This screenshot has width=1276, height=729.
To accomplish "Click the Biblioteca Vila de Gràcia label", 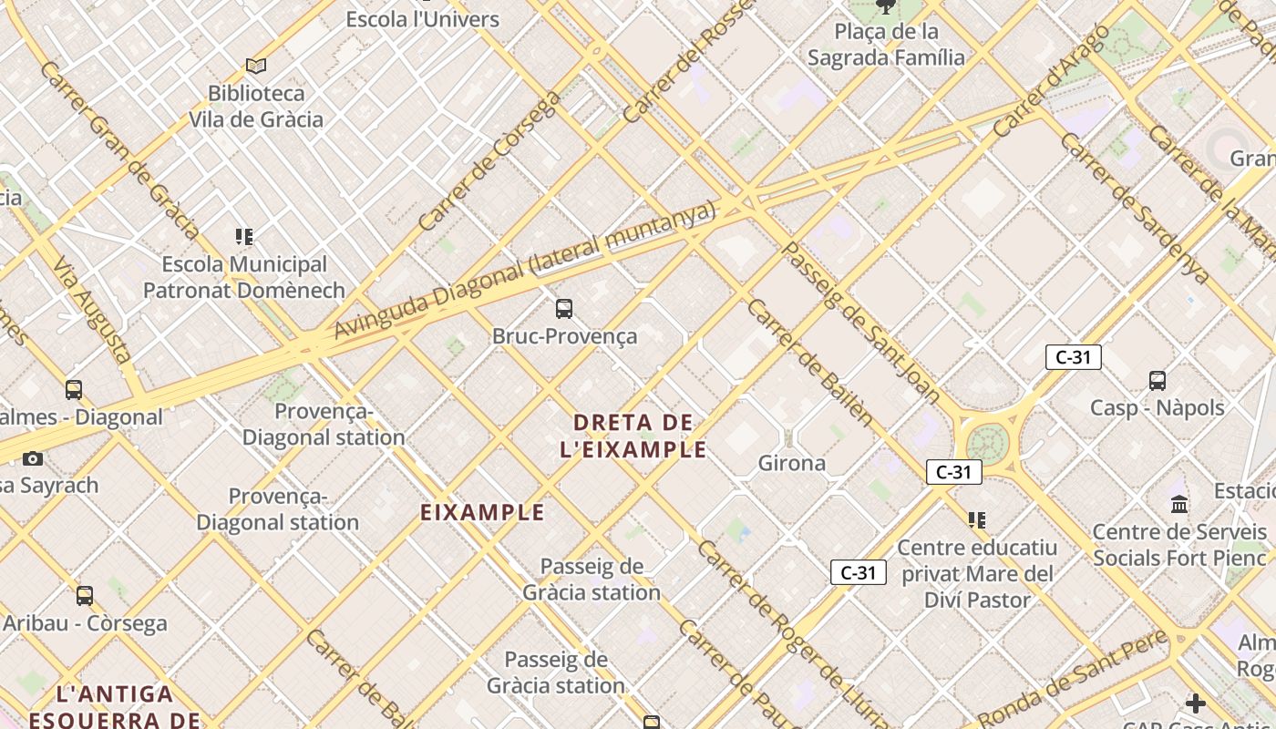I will (x=255, y=106).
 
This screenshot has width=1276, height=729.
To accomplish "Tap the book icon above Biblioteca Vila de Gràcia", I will (x=256, y=66).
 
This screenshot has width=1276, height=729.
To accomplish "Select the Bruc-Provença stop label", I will (x=564, y=336).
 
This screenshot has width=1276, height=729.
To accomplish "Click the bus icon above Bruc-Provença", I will (x=564, y=308).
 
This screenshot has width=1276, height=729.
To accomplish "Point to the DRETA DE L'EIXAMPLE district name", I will (x=633, y=436).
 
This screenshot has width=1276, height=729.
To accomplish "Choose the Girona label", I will (x=792, y=463).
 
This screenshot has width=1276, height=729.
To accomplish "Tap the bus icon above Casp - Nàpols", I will (x=1158, y=380).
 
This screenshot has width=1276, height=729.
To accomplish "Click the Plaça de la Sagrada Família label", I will (x=886, y=45).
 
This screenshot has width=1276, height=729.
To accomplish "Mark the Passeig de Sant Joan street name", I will (x=860, y=323).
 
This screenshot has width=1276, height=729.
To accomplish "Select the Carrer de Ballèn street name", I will (x=809, y=361).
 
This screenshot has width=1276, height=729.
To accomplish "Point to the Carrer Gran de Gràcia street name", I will (x=118, y=149).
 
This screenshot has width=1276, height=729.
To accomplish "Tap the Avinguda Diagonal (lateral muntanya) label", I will (x=525, y=271).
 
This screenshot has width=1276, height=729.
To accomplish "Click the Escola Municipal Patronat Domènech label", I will (x=243, y=277).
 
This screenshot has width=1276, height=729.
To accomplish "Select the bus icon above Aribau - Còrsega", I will (x=85, y=596).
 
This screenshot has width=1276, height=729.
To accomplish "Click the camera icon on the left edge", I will (x=33, y=458).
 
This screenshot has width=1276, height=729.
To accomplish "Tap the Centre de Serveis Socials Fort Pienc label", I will (x=1179, y=544).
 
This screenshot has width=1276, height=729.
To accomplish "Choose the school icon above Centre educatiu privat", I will (x=977, y=520).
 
